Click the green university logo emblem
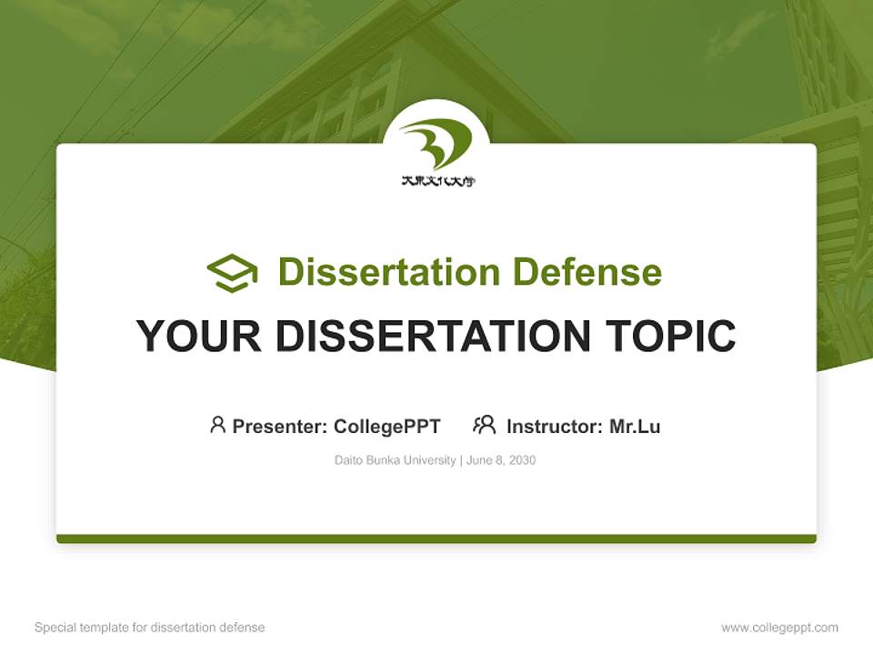click(436, 144)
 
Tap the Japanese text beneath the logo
click(437, 181)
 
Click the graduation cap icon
click(232, 273)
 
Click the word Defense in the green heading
click(587, 272)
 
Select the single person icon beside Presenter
click(217, 425)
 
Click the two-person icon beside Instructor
click(484, 425)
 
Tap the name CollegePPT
click(387, 426)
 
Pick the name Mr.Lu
click(635, 426)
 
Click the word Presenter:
click(280, 426)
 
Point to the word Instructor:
click(554, 426)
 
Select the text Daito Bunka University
click(396, 460)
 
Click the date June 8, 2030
click(501, 460)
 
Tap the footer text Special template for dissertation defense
click(150, 628)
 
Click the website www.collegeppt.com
click(779, 628)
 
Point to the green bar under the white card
click(436, 539)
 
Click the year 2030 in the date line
click(522, 460)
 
